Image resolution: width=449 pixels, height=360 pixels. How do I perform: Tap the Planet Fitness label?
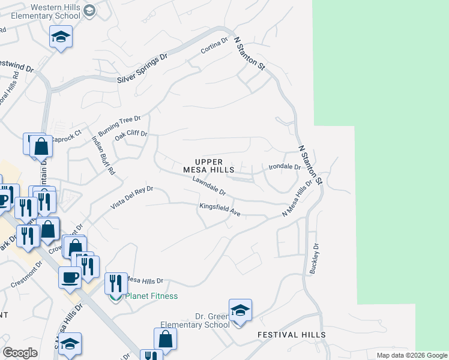pos(151,296)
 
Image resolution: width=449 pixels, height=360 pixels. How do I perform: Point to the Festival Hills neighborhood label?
pos(292,335)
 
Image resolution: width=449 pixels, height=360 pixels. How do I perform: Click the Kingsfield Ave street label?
pos(220,210)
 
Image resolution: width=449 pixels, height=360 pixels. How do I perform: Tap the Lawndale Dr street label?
pos(209,186)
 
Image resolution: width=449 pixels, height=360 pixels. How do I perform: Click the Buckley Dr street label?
pos(313,259)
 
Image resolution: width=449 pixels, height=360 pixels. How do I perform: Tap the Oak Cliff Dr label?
pos(131,136)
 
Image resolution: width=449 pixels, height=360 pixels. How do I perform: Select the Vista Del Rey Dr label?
pos(132,197)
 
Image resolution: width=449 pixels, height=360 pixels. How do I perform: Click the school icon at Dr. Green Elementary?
pos(240,311)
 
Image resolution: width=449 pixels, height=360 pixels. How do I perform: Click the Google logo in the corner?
pos(20,353)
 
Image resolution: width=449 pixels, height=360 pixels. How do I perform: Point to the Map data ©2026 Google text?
pos(411,355)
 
